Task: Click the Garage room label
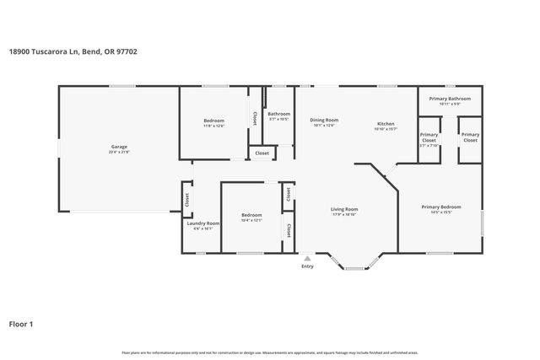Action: tap(118, 147)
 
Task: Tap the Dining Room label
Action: tap(323, 120)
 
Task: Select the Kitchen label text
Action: tap(386, 124)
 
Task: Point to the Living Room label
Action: tap(344, 209)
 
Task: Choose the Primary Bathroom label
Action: tap(449, 99)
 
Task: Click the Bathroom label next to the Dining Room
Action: tap(278, 114)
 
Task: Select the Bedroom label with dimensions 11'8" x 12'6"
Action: tap(214, 121)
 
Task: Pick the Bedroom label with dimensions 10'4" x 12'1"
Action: tap(251, 214)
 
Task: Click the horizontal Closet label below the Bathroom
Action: tap(262, 153)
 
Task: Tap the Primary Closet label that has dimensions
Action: tap(429, 137)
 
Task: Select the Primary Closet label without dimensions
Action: tap(470, 137)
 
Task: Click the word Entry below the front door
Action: tap(307, 267)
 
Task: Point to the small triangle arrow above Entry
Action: tap(307, 257)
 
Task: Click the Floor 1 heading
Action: tap(21, 323)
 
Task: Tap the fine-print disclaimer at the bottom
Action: tap(269, 352)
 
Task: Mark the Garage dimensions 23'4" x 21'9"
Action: tap(118, 153)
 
